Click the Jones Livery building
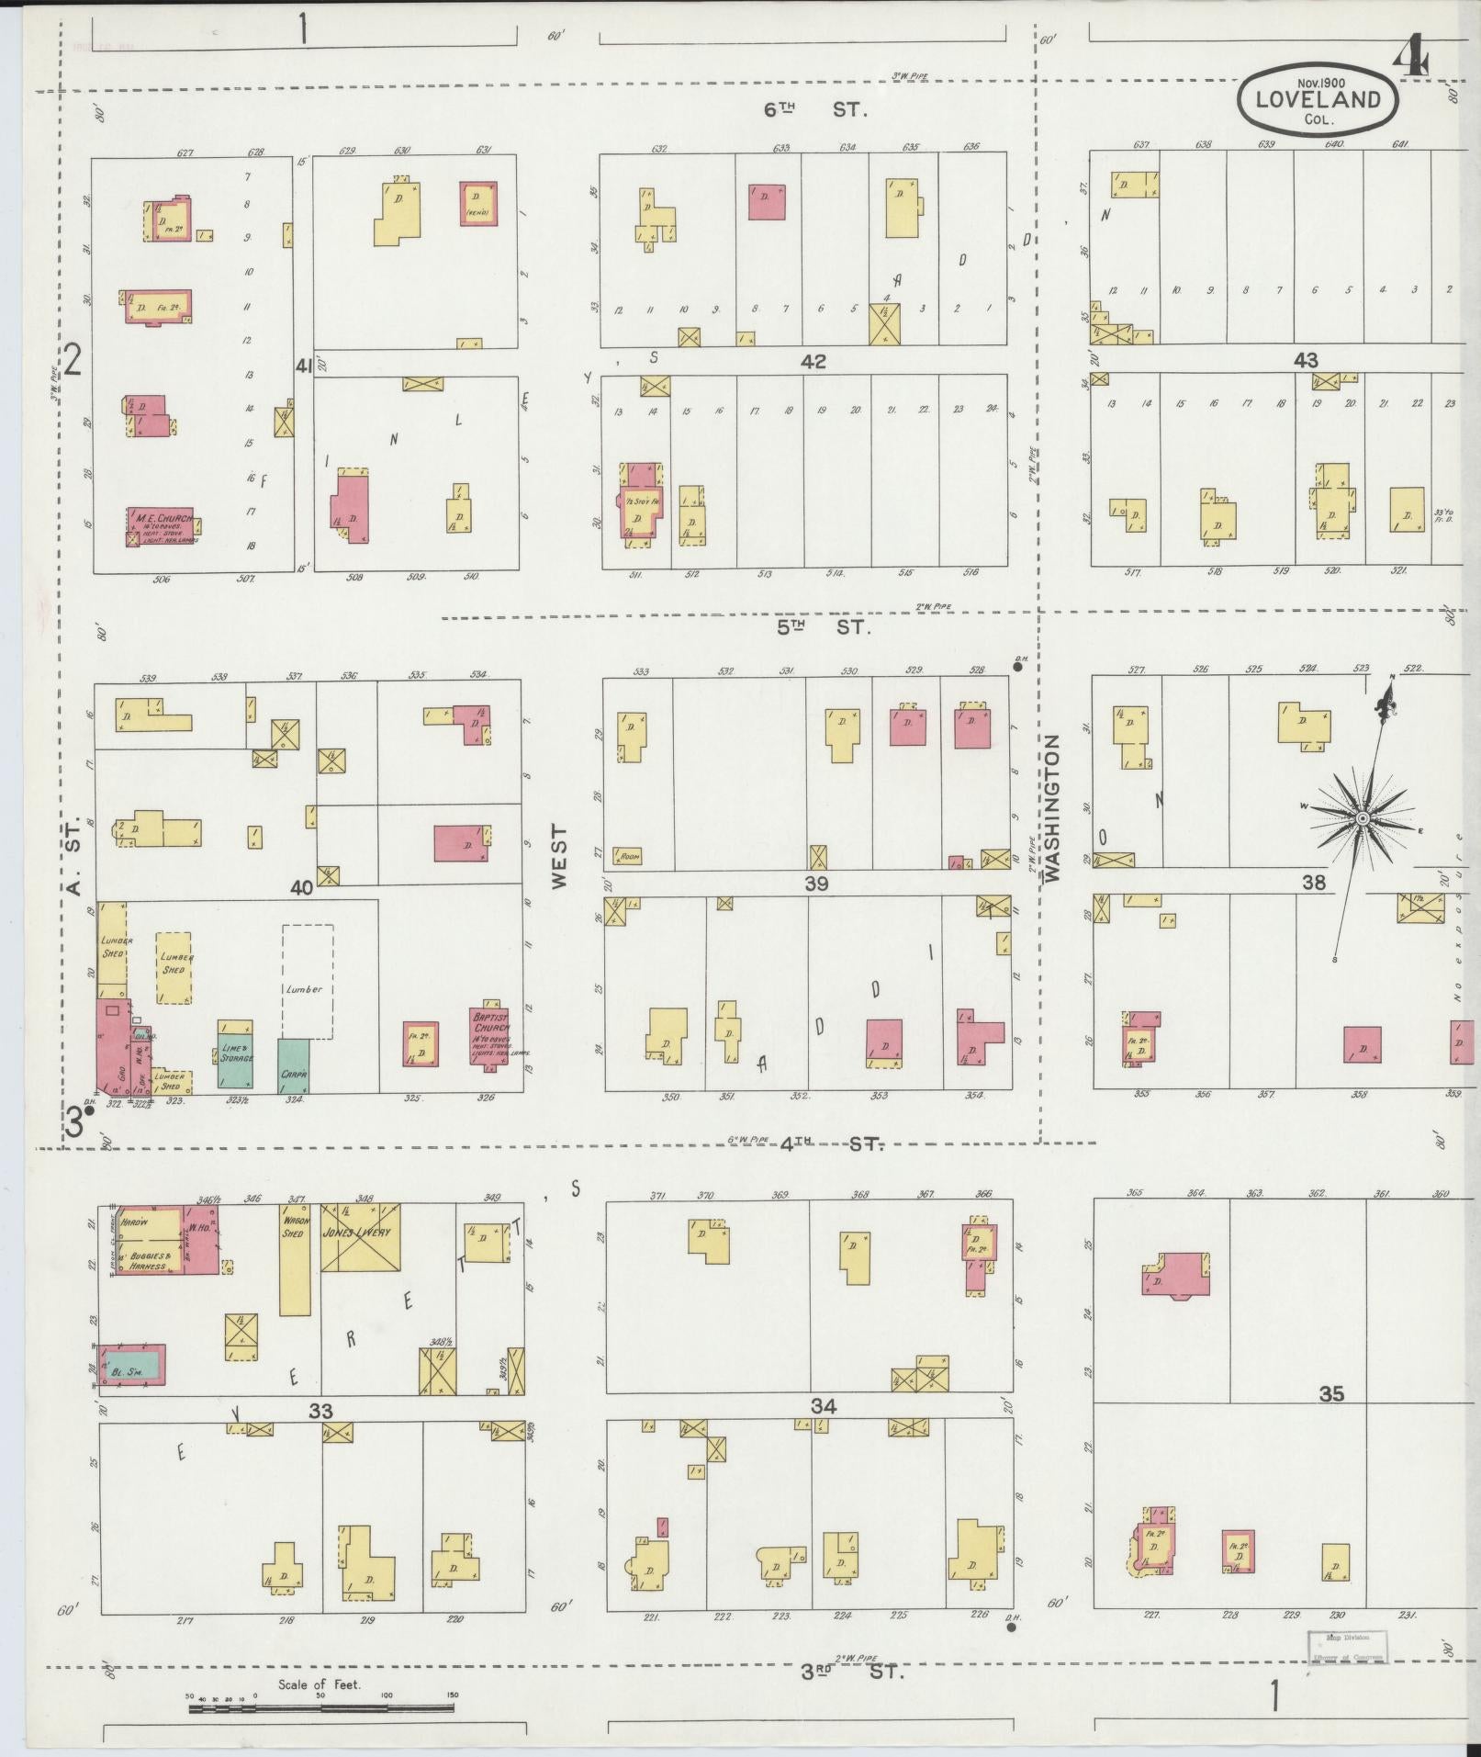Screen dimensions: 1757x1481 click(x=360, y=1236)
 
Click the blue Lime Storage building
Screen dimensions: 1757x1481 click(x=235, y=1053)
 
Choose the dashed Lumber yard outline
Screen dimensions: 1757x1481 click(x=307, y=981)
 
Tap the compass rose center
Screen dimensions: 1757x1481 click(x=1363, y=817)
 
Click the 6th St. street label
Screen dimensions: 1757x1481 click(x=815, y=109)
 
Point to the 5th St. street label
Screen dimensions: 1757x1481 click(x=823, y=628)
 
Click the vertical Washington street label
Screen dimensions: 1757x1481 click(x=1052, y=807)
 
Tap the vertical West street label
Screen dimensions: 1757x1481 click(x=560, y=855)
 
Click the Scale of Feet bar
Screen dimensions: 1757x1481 click(x=321, y=1708)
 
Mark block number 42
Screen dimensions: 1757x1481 click(x=813, y=362)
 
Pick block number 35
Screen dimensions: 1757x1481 click(x=1330, y=1419)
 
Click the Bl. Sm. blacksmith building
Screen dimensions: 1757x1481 click(x=134, y=1365)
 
